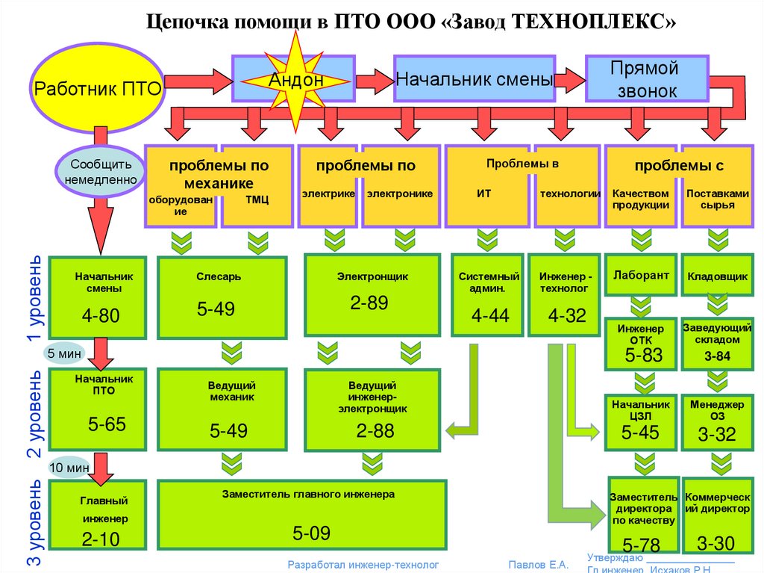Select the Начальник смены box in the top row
474,78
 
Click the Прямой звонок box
645,79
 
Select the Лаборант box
640,276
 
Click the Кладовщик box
717,276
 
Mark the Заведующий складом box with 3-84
717,343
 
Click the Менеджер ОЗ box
717,423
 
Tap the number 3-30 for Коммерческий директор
716,543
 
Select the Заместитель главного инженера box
301,515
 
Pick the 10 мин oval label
69,468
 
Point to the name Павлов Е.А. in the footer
538,565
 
